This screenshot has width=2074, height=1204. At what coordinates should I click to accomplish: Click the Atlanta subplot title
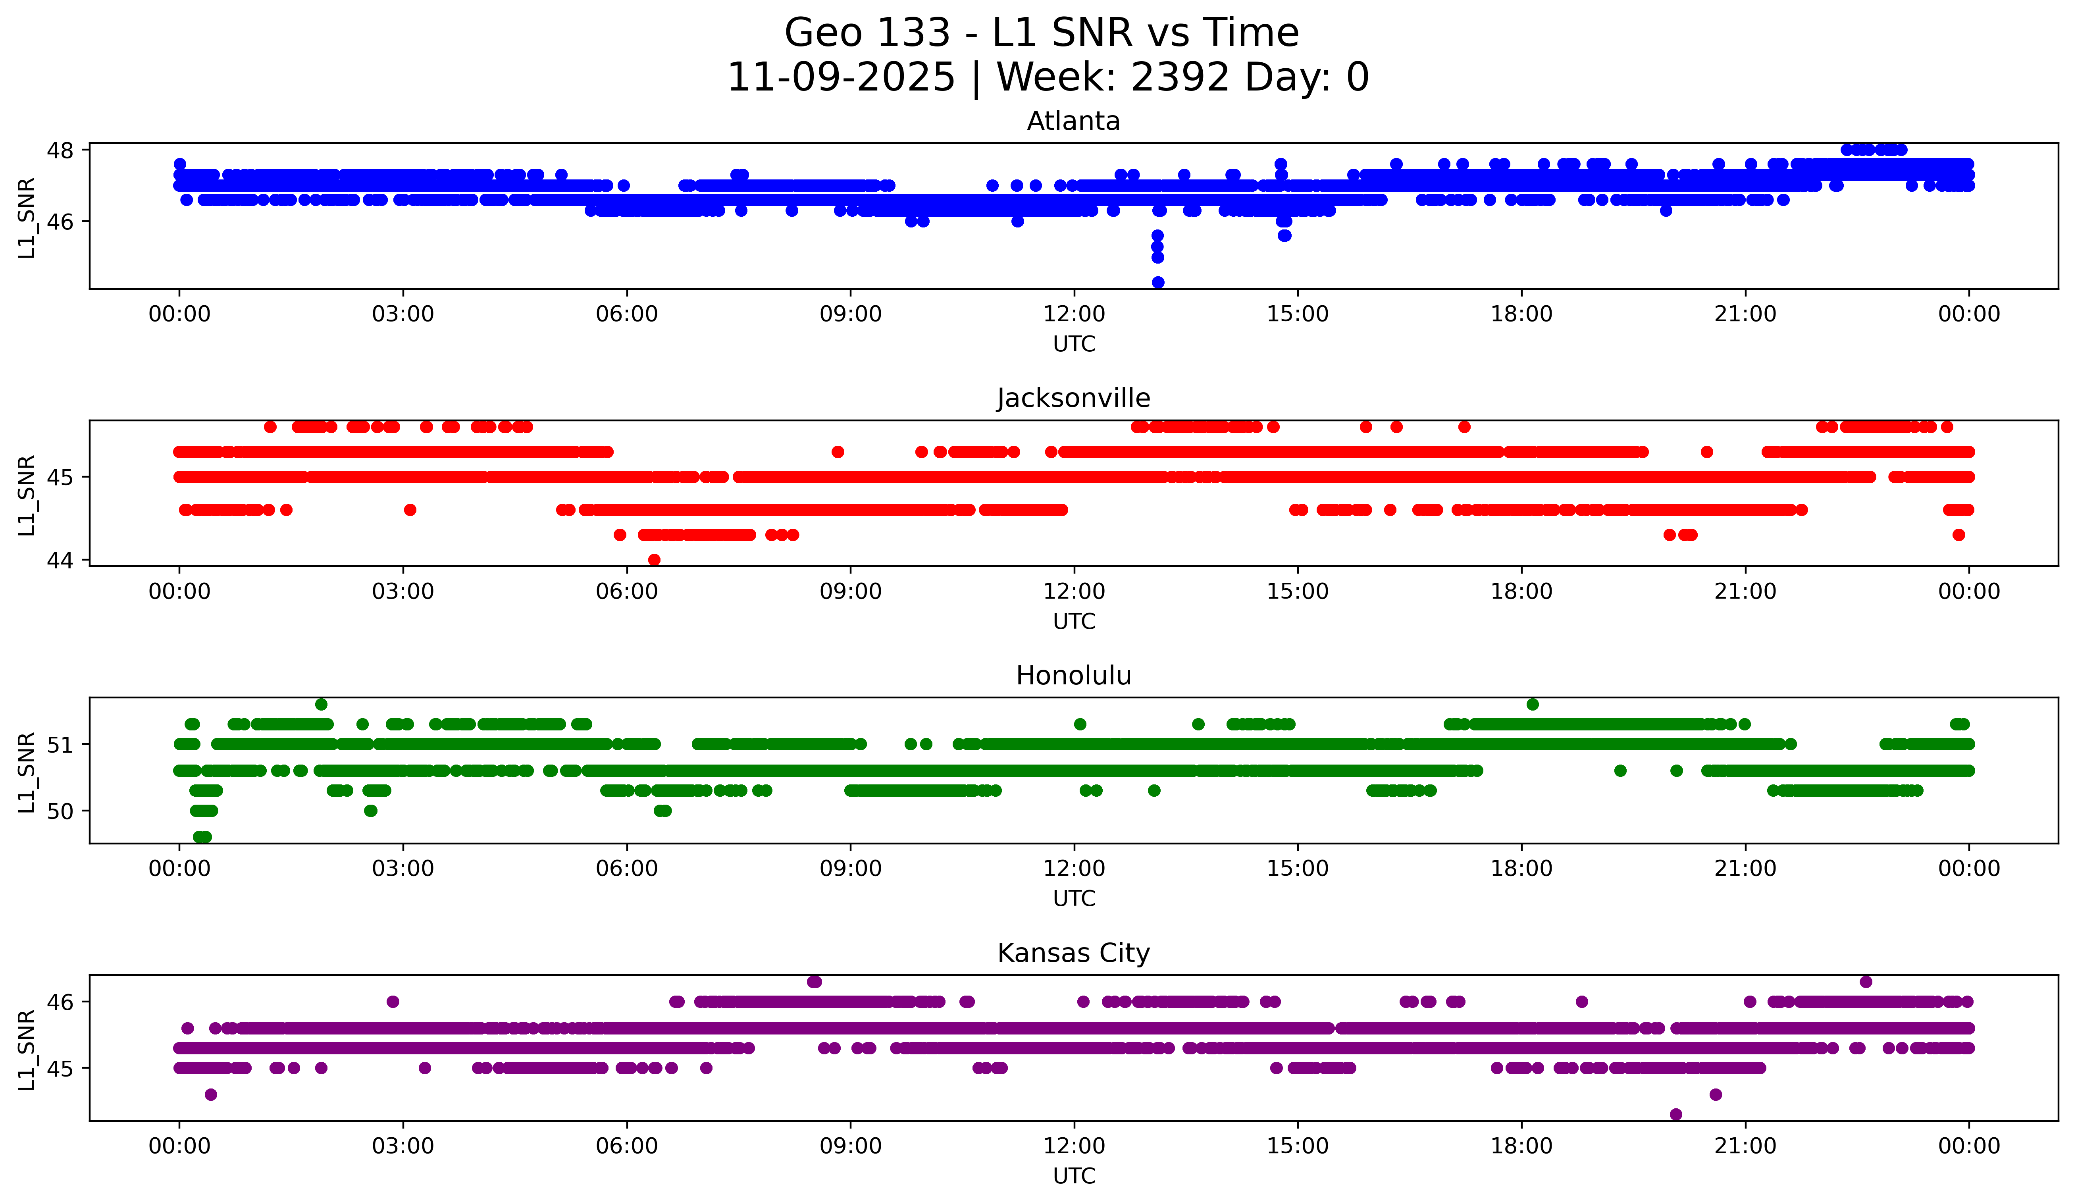(x=1073, y=121)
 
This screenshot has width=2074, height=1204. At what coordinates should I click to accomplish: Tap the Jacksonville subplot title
(x=1073, y=398)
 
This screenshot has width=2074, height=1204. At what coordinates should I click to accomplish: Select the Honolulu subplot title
(x=1073, y=676)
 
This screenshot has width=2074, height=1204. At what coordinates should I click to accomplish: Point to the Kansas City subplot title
(x=1073, y=953)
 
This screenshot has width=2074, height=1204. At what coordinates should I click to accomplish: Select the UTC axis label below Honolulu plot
(x=1074, y=899)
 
